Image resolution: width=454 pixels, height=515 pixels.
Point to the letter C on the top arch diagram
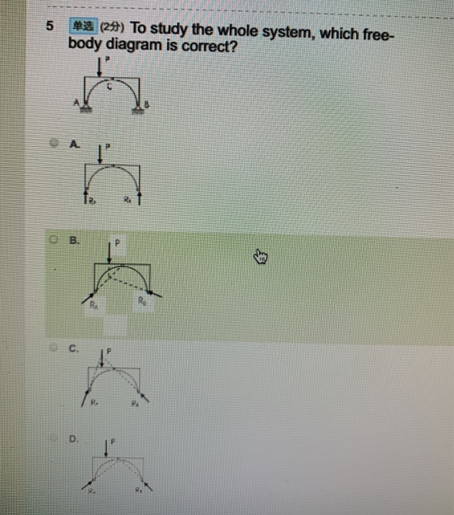click(111, 86)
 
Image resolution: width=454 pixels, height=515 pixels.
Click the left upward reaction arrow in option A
click(84, 196)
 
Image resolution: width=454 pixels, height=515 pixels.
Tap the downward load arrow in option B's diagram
click(109, 252)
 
